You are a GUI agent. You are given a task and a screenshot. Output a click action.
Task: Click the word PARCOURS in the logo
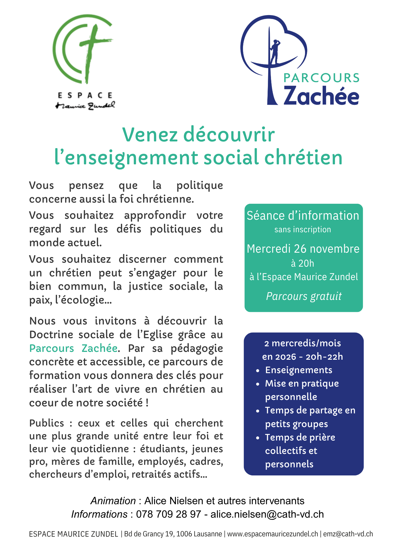click(x=321, y=78)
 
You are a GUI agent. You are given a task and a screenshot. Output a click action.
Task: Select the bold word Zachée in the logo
click(x=321, y=96)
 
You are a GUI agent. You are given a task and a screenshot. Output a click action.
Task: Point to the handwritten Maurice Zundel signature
click(x=85, y=106)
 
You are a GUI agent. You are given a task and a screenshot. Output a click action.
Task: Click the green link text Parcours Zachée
click(x=73, y=348)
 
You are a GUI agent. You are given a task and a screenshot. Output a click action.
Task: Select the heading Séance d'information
click(x=303, y=216)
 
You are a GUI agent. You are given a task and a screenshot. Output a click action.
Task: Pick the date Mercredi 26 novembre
click(x=303, y=249)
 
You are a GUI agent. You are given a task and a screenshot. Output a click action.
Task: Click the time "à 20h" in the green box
click(x=303, y=263)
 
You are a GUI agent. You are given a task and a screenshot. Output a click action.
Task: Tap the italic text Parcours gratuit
click(x=304, y=296)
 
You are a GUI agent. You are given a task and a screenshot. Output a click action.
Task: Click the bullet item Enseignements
click(x=299, y=370)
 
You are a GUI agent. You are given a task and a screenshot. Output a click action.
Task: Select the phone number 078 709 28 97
click(x=168, y=514)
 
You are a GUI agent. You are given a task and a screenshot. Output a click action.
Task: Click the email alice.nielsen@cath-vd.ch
click(x=267, y=514)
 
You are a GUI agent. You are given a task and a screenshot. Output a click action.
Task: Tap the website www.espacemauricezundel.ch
click(x=272, y=534)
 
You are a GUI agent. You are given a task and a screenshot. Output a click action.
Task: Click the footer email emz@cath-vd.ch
click(x=348, y=534)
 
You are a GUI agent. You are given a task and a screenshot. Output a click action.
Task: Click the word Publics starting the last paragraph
click(x=47, y=423)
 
